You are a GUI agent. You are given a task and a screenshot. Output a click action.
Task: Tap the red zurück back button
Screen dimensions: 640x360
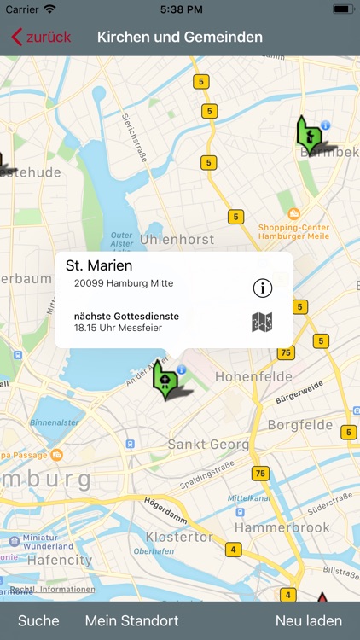coord(40,38)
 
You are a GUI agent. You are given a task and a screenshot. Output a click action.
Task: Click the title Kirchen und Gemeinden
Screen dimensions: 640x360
coord(180,38)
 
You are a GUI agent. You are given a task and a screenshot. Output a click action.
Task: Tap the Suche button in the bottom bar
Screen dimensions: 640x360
coord(38,620)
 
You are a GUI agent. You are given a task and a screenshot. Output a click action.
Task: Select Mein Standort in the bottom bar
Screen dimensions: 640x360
coord(131,620)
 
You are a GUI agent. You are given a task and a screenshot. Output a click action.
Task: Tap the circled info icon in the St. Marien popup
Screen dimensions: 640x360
coord(262,288)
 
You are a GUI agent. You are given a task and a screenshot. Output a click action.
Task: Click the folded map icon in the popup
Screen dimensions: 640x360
coord(262,322)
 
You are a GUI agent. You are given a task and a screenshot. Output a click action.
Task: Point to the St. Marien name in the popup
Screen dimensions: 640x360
coord(99,265)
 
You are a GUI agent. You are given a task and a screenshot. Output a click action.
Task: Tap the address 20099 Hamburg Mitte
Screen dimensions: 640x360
coord(124,283)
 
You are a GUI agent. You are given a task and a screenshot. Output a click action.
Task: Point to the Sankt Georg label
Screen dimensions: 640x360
coord(208,445)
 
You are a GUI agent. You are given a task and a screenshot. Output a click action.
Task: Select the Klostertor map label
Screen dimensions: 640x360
coord(180,538)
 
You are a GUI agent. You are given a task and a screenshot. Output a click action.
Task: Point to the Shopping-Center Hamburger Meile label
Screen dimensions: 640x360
coord(293,232)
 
